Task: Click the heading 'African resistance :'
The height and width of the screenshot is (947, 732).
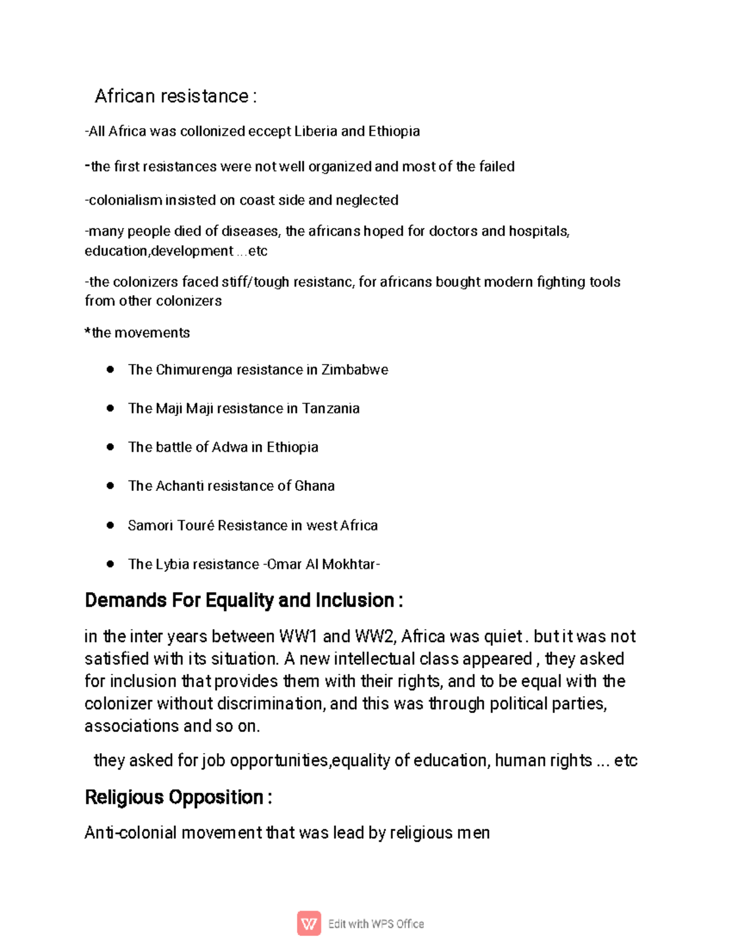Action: tap(175, 96)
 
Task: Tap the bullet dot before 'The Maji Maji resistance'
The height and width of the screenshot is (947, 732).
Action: tap(110, 409)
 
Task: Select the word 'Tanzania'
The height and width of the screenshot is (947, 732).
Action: tap(331, 409)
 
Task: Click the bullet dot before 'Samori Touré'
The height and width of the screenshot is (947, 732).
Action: tap(110, 525)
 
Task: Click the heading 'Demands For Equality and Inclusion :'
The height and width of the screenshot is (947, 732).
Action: tap(243, 601)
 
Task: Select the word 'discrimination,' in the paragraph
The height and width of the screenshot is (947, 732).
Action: tap(271, 704)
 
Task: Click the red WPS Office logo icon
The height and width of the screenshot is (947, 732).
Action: tap(309, 924)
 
